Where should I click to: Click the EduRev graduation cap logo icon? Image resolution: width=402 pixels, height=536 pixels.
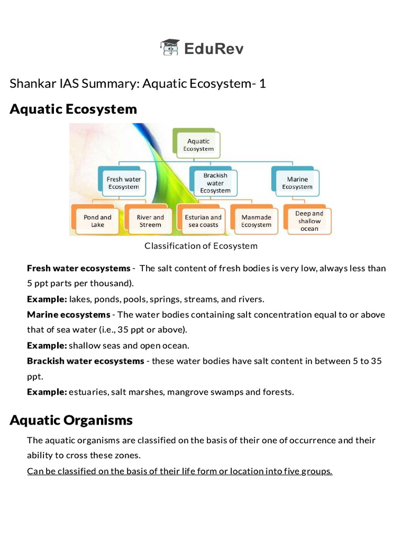coord(170,48)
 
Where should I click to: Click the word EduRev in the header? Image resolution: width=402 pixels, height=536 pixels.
coord(214,49)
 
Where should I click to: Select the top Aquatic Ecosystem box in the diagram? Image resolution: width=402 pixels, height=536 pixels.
coord(198,144)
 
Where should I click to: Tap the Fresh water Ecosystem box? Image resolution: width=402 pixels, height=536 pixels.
coord(124,183)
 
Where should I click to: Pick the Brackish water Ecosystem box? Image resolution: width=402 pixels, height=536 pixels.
coord(215,183)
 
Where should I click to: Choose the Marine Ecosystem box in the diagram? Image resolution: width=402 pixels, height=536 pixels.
coord(297,183)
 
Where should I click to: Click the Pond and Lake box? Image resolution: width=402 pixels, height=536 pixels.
coord(97,221)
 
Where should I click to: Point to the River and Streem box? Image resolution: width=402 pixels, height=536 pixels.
coord(150,221)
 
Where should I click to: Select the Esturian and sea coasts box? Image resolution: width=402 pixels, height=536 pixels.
coord(203,221)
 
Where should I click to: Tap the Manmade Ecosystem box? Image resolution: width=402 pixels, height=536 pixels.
coord(256,221)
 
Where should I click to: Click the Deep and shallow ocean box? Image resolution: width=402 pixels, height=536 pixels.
coord(309,220)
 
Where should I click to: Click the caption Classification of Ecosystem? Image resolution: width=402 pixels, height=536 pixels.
coord(201,246)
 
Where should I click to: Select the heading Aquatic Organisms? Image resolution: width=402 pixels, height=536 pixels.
coord(71,420)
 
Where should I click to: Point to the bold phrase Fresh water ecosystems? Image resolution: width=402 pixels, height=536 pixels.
coord(79,269)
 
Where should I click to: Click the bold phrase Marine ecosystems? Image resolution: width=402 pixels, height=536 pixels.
coord(69,315)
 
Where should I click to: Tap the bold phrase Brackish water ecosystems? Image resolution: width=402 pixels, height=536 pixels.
coord(85,361)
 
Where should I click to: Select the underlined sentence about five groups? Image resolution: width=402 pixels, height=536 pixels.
coord(180,471)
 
